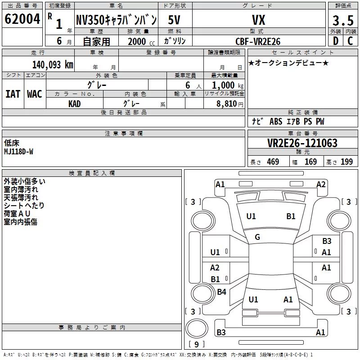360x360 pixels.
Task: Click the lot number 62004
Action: (22, 19)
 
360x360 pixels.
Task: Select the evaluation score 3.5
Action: (343, 20)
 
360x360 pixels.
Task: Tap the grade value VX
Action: (258, 20)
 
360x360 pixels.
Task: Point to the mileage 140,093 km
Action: (53, 65)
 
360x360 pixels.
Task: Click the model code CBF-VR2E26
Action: (258, 41)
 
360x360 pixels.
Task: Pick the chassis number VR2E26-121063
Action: (302, 143)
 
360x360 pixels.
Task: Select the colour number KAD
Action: (74, 104)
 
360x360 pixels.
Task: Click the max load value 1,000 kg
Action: (228, 85)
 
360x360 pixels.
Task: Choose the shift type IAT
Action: (13, 94)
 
